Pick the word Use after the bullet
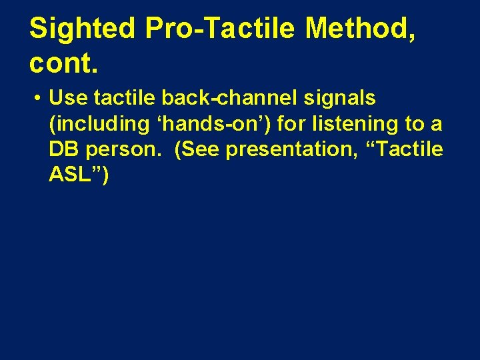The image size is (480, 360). [x=69, y=98]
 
